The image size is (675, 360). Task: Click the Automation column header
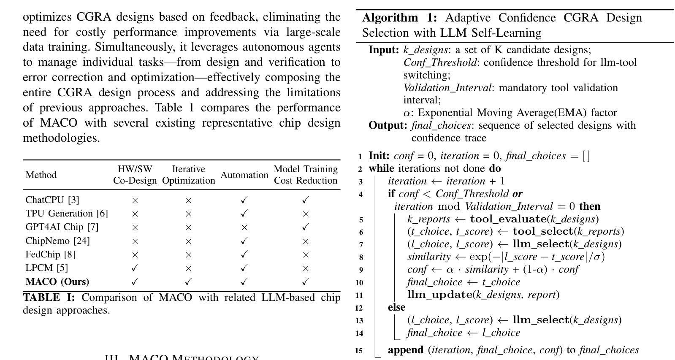pyautogui.click(x=244, y=175)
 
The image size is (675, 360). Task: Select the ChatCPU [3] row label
pyautogui.click(x=52, y=200)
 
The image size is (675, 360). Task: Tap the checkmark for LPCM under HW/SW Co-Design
pyautogui.click(x=135, y=268)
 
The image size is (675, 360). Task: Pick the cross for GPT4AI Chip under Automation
pyautogui.click(x=244, y=227)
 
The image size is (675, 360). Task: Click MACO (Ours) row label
pyautogui.click(x=57, y=282)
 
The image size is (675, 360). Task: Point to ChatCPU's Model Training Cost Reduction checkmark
pyautogui.click(x=306, y=200)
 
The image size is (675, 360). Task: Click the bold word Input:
pyautogui.click(x=384, y=50)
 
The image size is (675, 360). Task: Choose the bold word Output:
pyautogui.click(x=388, y=125)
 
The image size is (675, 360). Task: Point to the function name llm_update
pyautogui.click(x=439, y=295)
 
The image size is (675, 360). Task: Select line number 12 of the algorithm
pyautogui.click(x=359, y=308)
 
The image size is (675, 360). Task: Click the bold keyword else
pyautogui.click(x=396, y=307)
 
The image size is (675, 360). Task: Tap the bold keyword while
pyautogui.click(x=381, y=168)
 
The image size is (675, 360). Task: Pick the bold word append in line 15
pyautogui.click(x=406, y=350)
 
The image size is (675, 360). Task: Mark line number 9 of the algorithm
pyautogui.click(x=360, y=270)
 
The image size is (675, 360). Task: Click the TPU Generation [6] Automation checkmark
pyautogui.click(x=244, y=214)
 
